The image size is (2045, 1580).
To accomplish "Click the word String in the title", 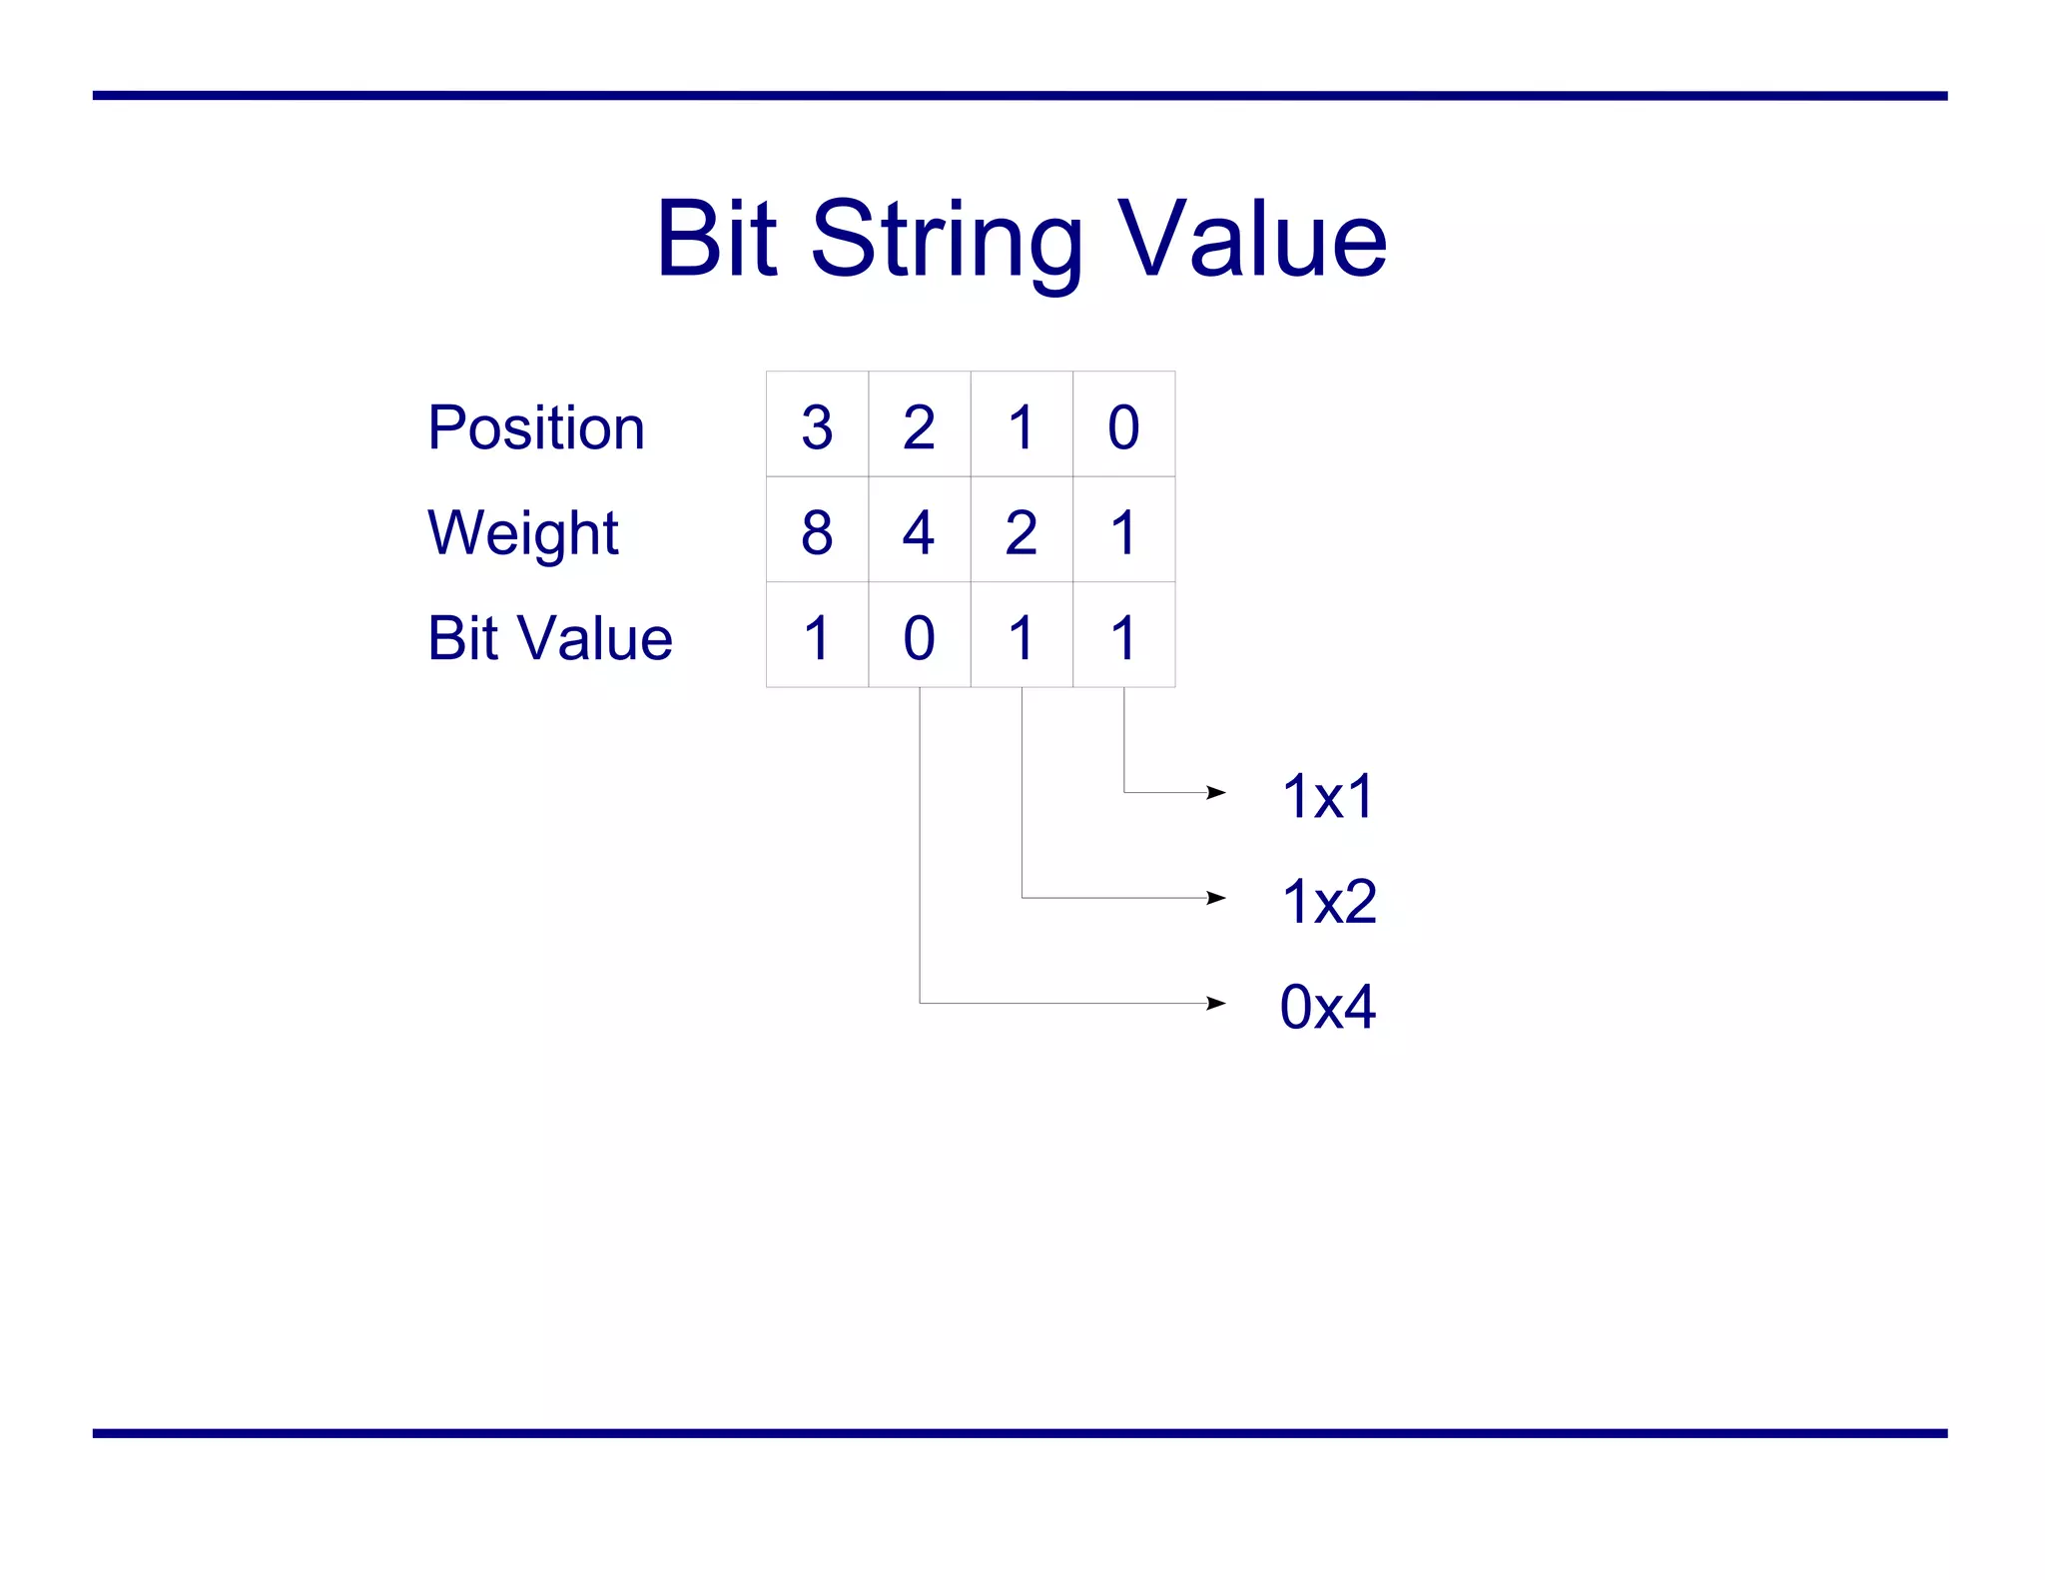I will [946, 240].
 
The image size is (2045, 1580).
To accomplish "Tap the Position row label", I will [536, 427].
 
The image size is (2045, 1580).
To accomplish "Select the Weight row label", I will [522, 532].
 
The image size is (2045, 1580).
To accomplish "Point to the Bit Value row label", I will [549, 637].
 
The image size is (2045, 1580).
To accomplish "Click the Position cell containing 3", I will [817, 425].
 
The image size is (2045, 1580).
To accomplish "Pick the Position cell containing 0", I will [1123, 425].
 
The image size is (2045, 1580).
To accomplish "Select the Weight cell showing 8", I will [817, 530].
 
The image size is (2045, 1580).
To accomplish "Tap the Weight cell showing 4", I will [919, 530].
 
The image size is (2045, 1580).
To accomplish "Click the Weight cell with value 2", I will [1022, 530].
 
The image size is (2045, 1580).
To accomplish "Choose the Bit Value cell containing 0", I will [919, 635].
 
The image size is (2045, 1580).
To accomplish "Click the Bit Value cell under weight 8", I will [817, 635].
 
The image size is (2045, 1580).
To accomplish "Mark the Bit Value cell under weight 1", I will [1123, 635].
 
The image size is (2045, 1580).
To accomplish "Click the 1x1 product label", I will [1328, 796].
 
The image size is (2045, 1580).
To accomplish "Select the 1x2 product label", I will [1328, 901].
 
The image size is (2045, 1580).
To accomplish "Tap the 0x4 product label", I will [1328, 1006].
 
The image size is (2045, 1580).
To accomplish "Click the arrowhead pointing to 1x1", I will [1215, 793].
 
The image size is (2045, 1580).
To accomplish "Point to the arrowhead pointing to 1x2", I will [1215, 898].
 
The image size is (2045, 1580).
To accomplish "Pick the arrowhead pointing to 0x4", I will [1215, 1003].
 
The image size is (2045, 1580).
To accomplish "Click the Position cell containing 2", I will [919, 425].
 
